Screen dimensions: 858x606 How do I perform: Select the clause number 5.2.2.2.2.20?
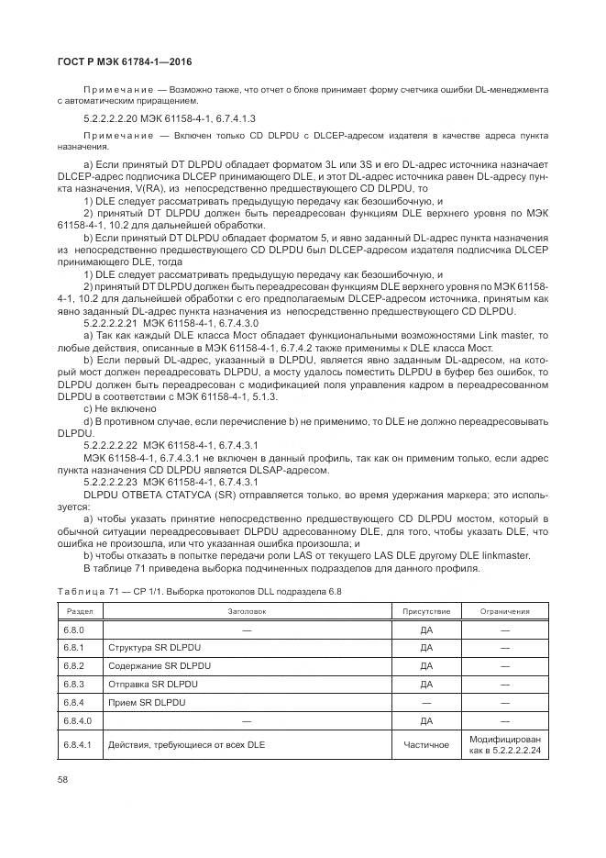pos(111,119)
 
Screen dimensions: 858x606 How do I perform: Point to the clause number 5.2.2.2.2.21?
pos(111,324)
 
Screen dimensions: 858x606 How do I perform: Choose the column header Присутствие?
pos(426,610)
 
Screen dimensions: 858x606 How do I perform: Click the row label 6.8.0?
pos(74,630)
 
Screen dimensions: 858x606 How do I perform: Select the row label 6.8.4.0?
pos(77,720)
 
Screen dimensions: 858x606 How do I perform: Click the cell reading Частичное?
pos(426,744)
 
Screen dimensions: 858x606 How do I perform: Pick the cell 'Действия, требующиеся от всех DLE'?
pos(186,744)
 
